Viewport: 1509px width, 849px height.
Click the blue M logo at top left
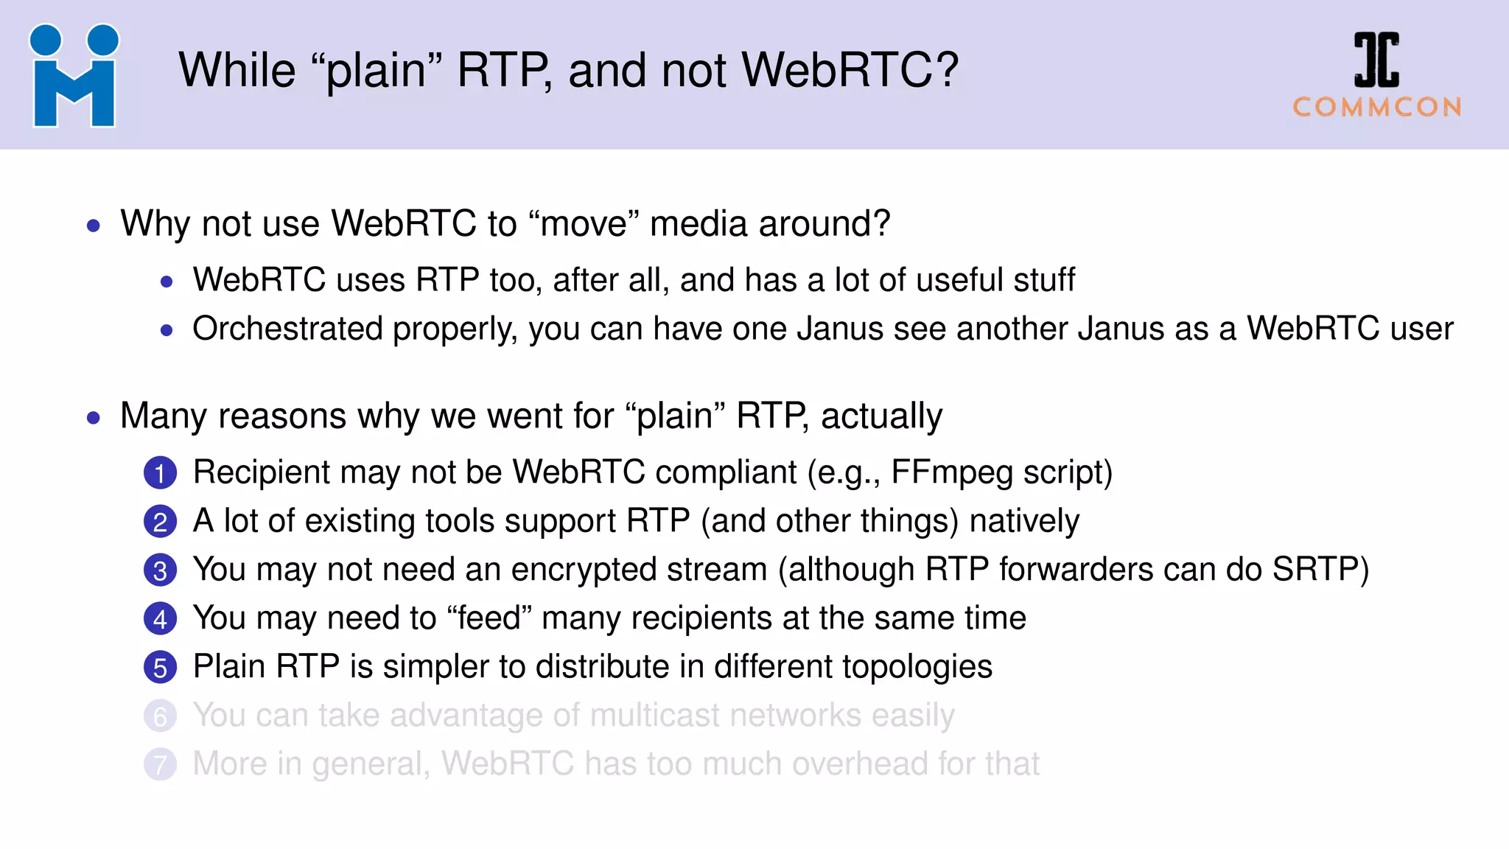[x=74, y=77]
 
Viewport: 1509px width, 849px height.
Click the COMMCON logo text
[x=1377, y=108]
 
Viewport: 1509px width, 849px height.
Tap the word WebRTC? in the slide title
[x=850, y=71]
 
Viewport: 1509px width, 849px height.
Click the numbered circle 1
[x=160, y=473]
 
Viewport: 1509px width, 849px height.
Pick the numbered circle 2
[x=160, y=522]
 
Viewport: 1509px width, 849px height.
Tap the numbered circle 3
[x=160, y=570]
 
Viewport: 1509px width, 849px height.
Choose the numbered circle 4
[x=160, y=619]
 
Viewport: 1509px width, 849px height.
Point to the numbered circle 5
[x=160, y=668]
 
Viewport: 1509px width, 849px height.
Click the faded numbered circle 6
[x=160, y=716]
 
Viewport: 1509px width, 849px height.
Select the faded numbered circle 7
[x=160, y=765]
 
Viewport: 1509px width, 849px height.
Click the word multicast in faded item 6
[x=655, y=716]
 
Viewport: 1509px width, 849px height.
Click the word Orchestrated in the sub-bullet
[x=287, y=329]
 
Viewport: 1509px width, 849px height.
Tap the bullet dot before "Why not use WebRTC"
[x=93, y=226]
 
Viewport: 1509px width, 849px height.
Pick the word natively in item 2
[x=1024, y=521]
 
